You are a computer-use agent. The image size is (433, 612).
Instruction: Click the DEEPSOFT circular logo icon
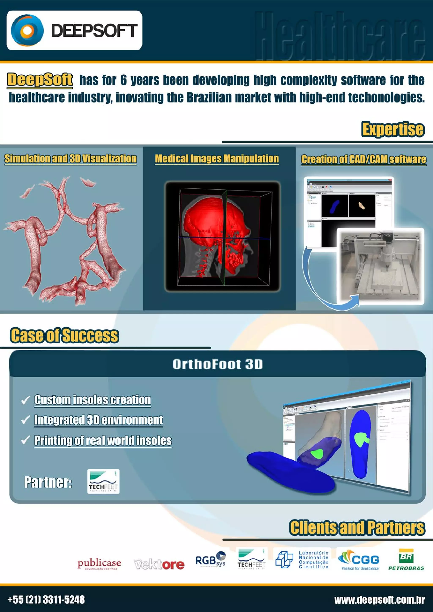click(27, 30)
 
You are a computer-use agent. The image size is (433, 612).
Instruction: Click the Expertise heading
click(392, 129)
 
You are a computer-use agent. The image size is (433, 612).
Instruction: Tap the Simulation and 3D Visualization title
click(70, 159)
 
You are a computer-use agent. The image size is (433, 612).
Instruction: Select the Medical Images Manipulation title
click(217, 159)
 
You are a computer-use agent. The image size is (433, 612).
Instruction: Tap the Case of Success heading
click(64, 335)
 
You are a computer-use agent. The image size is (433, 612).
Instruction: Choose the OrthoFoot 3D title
click(217, 364)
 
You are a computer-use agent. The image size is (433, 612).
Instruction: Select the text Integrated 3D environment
click(99, 420)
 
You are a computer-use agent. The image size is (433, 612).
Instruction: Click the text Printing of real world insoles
click(103, 440)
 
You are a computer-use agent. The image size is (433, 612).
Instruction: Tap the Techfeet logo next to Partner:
click(103, 481)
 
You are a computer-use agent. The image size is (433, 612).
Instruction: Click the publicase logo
click(99, 564)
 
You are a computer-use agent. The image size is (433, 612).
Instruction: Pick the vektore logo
click(159, 564)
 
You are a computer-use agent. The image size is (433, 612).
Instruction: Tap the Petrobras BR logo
click(406, 559)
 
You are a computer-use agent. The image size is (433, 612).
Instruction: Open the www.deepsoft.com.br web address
click(379, 600)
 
